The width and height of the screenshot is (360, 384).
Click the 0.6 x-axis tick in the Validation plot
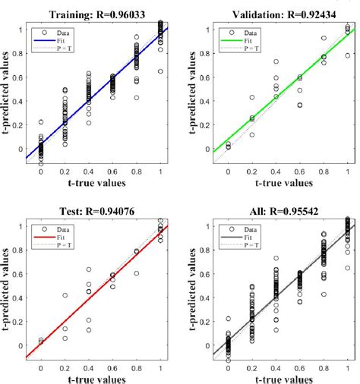[x=300, y=172]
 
